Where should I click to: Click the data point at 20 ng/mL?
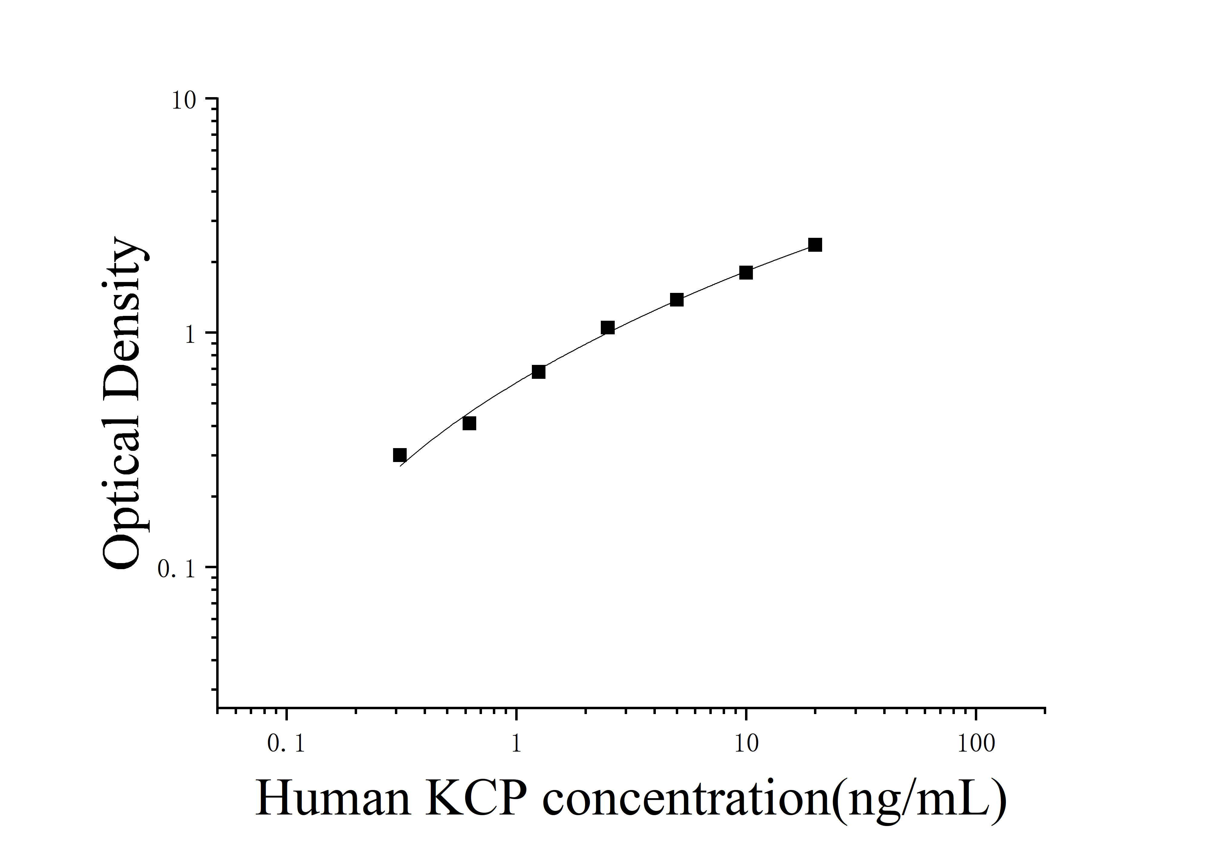tap(815, 245)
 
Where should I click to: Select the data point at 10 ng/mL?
tap(746, 272)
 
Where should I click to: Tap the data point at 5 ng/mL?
tap(676, 300)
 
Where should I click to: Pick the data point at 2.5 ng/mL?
tap(607, 328)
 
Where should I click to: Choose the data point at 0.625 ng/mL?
tap(469, 423)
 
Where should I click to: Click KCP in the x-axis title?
tap(476, 799)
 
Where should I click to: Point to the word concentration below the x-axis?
tap(687, 799)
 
